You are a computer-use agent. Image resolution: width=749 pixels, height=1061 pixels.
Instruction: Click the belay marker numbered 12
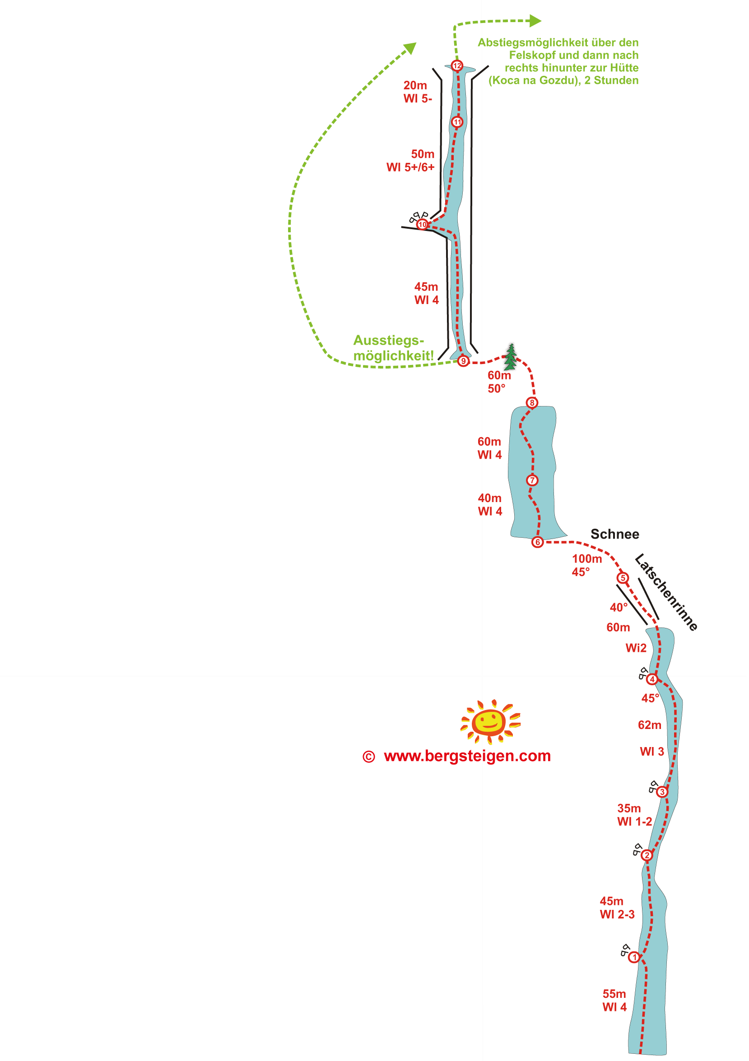tap(457, 65)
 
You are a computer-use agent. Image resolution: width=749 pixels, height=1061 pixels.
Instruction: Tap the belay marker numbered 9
tap(463, 361)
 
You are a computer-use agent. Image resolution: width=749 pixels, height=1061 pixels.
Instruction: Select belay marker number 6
tap(537, 542)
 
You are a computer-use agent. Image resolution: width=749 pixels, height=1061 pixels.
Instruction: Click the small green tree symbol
tap(511, 357)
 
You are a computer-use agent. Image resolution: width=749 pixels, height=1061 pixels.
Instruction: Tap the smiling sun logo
tap(490, 721)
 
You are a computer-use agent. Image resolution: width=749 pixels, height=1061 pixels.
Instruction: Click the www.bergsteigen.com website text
tap(467, 757)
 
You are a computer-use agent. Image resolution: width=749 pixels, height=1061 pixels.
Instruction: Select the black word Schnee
tap(614, 534)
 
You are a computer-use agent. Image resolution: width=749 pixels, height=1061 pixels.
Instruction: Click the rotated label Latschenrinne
tap(666, 592)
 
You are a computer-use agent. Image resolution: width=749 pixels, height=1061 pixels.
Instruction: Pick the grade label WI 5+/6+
tap(410, 167)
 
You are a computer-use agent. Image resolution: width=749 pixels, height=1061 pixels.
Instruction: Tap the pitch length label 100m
tap(587, 558)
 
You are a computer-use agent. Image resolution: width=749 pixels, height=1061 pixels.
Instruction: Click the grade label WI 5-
tap(418, 98)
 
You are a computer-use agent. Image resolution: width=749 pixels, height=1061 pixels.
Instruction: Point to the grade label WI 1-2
tap(634, 821)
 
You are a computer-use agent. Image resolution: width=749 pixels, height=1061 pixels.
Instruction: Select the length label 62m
tap(649, 725)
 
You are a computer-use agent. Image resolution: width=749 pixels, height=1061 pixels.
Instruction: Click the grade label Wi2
tap(636, 648)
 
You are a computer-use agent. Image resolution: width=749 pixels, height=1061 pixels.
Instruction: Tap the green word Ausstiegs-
tap(388, 340)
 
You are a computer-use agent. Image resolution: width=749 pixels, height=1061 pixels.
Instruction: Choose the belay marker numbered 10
tap(422, 225)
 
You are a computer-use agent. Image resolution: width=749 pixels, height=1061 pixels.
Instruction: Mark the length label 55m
tap(614, 993)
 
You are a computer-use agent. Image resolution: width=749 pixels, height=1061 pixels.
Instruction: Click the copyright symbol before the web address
tap(368, 757)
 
